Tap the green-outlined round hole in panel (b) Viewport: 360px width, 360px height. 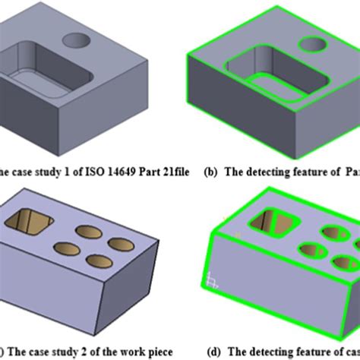(x=313, y=45)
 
